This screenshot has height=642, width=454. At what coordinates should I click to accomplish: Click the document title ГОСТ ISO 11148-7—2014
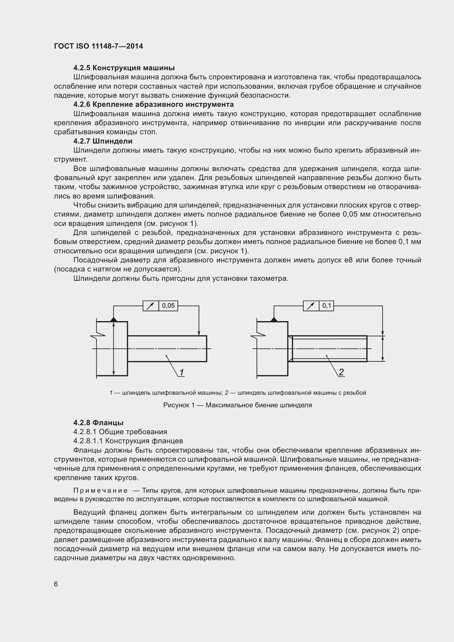[99, 46]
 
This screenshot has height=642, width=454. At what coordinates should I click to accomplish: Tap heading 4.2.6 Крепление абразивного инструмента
[153, 104]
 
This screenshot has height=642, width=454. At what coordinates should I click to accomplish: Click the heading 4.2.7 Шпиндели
[103, 141]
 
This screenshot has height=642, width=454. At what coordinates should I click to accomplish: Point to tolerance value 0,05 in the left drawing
[168, 305]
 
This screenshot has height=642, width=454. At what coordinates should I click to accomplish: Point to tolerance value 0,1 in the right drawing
[327, 305]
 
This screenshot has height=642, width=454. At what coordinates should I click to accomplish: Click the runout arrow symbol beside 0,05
[151, 306]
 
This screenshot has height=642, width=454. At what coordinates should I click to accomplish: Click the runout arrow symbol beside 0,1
[311, 306]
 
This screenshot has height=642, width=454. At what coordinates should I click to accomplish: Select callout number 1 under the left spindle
[182, 372]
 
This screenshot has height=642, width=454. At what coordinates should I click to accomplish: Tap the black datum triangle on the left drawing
[114, 319]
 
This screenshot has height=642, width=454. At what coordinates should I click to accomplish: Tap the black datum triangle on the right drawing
[274, 319]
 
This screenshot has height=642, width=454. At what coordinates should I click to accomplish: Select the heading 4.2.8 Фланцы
[99, 422]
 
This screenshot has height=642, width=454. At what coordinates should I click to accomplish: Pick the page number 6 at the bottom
[56, 584]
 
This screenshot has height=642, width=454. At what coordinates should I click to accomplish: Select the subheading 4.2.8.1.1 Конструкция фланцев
[128, 441]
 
